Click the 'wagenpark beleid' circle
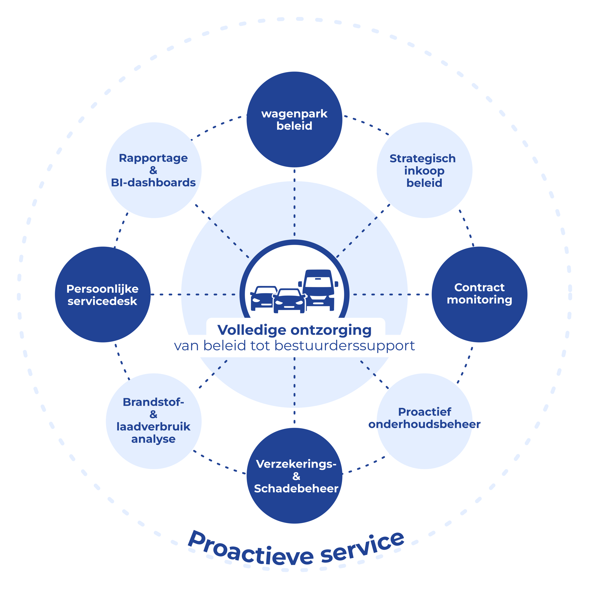pyautogui.click(x=294, y=120)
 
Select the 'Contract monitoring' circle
pyautogui.click(x=479, y=294)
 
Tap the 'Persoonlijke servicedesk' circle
pyautogui.click(x=103, y=294)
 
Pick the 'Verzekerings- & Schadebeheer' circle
pyautogui.click(x=294, y=476)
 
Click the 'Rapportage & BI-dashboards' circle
pyautogui.click(x=154, y=170)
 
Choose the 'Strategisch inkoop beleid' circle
pyautogui.click(x=424, y=170)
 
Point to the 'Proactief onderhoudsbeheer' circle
pyautogui.click(x=424, y=421)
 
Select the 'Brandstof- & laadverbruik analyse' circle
pyautogui.click(x=154, y=421)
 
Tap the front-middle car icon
pyautogui.click(x=289, y=300)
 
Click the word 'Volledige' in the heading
pyautogui.click(x=252, y=330)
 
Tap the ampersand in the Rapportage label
pyautogui.click(x=153, y=170)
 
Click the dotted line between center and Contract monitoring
pyautogui.click(x=392, y=294)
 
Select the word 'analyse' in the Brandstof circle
pyautogui.click(x=153, y=439)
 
